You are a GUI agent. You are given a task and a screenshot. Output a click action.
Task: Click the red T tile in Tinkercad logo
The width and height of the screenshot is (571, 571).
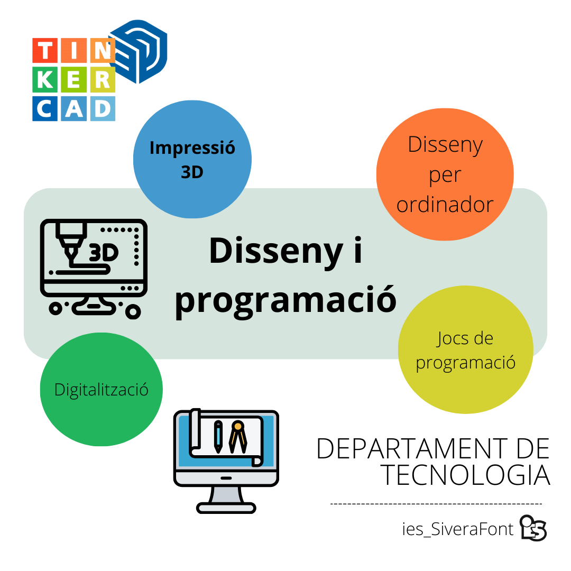click(45, 50)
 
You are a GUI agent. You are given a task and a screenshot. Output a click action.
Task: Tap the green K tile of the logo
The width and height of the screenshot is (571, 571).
click(45, 79)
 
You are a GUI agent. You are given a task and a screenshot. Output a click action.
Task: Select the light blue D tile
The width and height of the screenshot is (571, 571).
click(103, 108)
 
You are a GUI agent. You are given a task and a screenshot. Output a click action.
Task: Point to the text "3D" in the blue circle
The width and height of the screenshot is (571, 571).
click(192, 172)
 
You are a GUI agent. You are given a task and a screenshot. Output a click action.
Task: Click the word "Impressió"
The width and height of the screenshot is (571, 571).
click(192, 148)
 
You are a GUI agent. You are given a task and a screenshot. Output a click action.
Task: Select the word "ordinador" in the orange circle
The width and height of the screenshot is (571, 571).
click(445, 204)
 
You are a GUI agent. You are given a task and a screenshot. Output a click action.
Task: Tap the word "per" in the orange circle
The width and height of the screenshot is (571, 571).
click(445, 176)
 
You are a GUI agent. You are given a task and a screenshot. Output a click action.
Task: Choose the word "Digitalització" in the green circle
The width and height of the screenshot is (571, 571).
click(101, 390)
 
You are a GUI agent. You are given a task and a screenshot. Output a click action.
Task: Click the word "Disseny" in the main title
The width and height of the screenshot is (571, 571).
click(276, 251)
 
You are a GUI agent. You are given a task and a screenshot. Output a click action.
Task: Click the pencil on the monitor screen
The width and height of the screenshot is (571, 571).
click(218, 437)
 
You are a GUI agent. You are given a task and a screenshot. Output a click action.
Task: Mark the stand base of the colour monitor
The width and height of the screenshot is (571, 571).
click(226, 508)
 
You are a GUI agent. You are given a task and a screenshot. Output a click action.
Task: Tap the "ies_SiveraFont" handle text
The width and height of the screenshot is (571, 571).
click(458, 529)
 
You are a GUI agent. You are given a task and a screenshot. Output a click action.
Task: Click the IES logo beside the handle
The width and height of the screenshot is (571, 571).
click(533, 528)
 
